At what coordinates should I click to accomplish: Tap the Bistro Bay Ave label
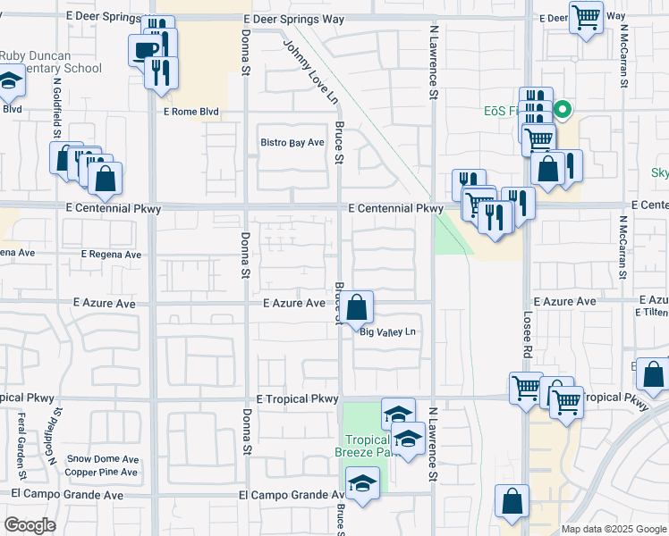click(x=292, y=143)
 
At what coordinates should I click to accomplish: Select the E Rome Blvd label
click(x=191, y=112)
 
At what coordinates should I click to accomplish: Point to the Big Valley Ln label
click(x=389, y=332)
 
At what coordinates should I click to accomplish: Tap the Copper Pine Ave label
click(x=102, y=472)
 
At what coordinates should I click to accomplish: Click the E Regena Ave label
click(x=111, y=255)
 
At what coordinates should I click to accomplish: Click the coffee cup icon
click(x=144, y=49)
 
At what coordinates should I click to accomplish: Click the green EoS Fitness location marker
click(x=563, y=111)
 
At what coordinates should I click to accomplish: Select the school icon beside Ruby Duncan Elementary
click(x=10, y=81)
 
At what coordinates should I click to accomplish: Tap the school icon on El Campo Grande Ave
click(x=362, y=483)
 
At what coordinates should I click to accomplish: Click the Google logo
click(x=30, y=524)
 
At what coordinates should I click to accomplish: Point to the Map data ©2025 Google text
click(x=613, y=529)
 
